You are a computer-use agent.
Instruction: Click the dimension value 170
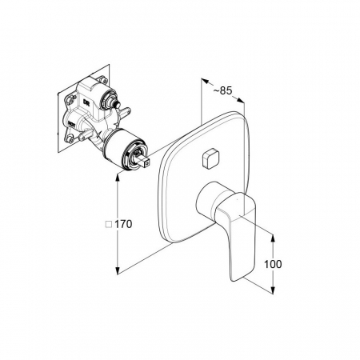[123, 224]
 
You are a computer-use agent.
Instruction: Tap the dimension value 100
[273, 264]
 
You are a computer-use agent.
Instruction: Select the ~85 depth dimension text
[222, 90]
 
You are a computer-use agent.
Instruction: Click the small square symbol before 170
[109, 225]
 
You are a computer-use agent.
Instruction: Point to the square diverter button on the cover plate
[210, 158]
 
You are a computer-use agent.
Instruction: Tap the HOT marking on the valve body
[71, 123]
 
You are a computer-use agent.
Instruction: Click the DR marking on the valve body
[86, 102]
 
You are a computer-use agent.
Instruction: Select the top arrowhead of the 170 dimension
[117, 177]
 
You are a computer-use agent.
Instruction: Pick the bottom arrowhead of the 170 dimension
[117, 270]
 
